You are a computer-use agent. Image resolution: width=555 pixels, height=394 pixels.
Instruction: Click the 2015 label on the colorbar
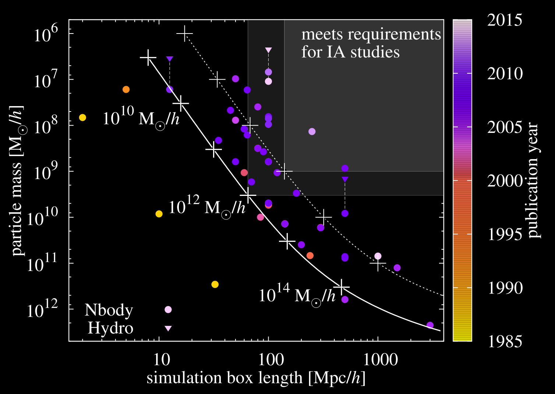coord(505,20)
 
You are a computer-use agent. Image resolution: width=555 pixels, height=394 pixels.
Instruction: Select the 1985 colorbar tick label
coord(505,342)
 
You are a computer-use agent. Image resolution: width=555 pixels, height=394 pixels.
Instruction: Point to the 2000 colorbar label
coord(505,181)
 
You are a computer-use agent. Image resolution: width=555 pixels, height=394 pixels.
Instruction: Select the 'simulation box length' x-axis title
coord(256,378)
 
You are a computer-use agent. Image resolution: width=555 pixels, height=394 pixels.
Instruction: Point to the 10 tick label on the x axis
coord(160,359)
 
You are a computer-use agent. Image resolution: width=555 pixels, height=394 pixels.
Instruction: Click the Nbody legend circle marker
coord(168,310)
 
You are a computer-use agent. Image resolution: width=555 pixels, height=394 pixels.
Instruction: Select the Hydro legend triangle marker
coord(168,328)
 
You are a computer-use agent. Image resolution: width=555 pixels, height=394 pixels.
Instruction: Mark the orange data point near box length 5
coord(126,89)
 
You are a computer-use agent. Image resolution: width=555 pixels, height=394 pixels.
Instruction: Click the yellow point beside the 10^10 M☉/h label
coord(82,117)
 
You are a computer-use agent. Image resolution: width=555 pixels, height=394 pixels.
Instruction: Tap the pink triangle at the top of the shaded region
coord(268,50)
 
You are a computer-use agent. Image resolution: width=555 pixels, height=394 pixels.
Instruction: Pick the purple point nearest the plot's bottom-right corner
coord(430,325)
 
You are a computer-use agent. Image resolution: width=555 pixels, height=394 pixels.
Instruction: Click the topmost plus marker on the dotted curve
coord(184,34)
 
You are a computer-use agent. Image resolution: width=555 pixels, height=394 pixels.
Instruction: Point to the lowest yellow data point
coord(215,284)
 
